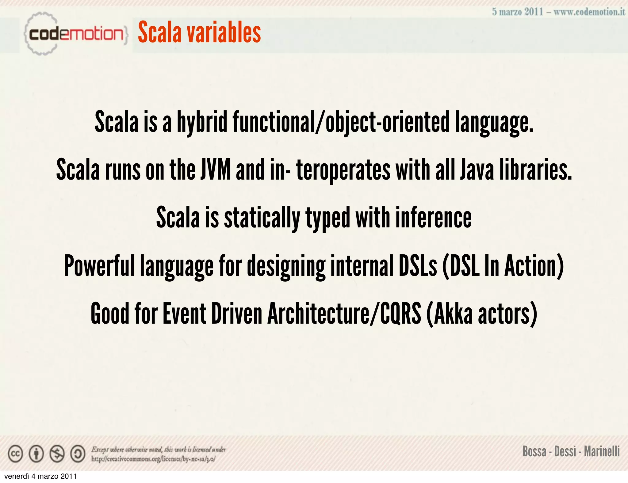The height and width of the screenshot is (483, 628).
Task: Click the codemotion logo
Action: pyautogui.click(x=75, y=34)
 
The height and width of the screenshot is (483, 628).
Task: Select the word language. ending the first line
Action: pyautogui.click(x=494, y=123)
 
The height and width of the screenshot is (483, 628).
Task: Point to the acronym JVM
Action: pyautogui.click(x=216, y=170)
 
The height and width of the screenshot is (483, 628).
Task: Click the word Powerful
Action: pyautogui.click(x=99, y=266)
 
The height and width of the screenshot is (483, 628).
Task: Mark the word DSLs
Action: pyautogui.click(x=418, y=266)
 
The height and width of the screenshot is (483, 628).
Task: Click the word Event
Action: pyautogui.click(x=184, y=314)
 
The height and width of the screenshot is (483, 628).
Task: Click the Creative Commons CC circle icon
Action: pyautogui.click(x=15, y=454)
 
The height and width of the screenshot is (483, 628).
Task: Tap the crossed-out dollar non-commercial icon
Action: pyautogui.click(x=57, y=454)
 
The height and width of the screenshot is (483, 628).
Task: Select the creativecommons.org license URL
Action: pyautogui.click(x=153, y=459)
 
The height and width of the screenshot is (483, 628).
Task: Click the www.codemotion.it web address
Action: pyautogui.click(x=589, y=12)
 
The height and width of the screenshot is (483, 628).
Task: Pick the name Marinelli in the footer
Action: pyautogui.click(x=602, y=451)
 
